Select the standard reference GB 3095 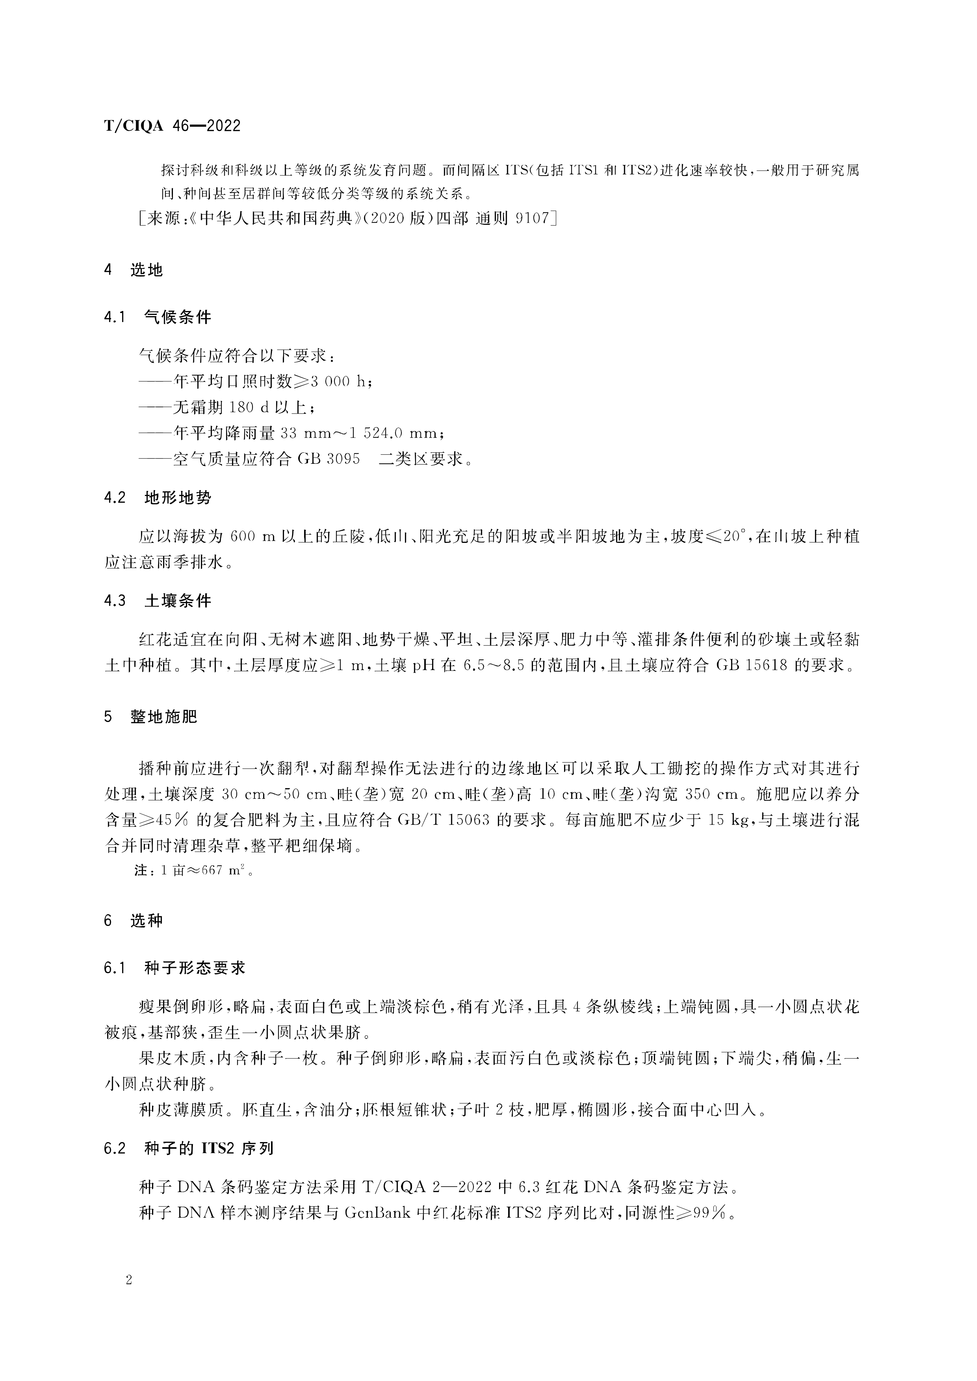point(328,459)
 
